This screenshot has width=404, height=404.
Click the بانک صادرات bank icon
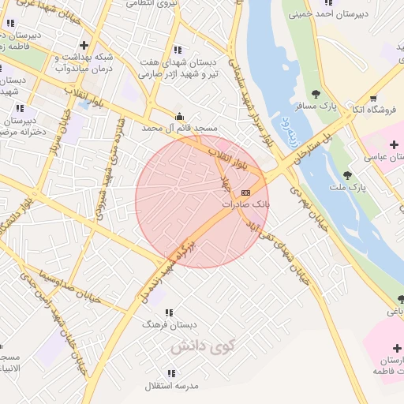(x=245, y=193)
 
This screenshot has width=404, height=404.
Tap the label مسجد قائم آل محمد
(x=181, y=127)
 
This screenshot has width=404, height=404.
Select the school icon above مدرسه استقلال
(x=171, y=373)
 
